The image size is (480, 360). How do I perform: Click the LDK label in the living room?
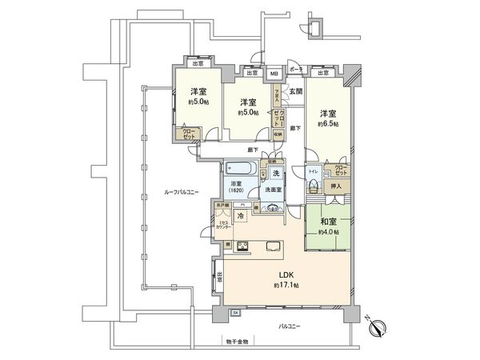tap(285, 275)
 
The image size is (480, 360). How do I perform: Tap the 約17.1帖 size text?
tap(285, 286)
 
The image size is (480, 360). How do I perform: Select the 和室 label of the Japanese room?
tap(327, 222)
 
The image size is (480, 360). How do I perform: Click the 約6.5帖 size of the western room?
tap(329, 124)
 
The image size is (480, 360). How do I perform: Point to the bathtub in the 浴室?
tap(240, 169)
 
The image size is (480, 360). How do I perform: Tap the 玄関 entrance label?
tap(296, 91)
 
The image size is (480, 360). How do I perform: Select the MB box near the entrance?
tap(274, 74)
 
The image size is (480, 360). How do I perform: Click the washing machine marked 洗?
tap(275, 174)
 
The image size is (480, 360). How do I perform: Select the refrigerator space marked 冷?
tap(239, 216)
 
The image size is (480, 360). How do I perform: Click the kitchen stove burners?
tap(242, 245)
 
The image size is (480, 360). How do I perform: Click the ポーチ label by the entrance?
tap(297, 70)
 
